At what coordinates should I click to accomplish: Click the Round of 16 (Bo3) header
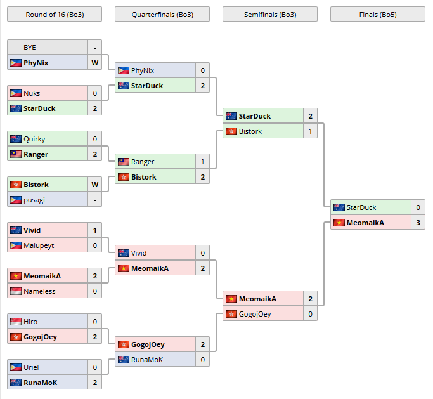click(x=54, y=14)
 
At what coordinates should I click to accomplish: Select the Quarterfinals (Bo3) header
click(x=162, y=14)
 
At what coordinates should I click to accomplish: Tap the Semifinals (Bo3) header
click(x=270, y=14)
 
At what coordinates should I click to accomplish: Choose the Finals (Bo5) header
click(x=378, y=14)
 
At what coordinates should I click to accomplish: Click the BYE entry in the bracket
click(x=30, y=48)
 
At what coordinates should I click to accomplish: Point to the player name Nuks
click(x=32, y=93)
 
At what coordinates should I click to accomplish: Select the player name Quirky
click(x=34, y=139)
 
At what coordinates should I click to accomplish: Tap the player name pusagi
click(x=35, y=200)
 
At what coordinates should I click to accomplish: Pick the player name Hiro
click(x=30, y=322)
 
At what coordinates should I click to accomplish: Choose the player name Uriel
click(x=32, y=367)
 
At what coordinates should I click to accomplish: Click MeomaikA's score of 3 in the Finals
click(x=418, y=223)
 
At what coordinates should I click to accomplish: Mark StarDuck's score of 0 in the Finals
click(x=418, y=207)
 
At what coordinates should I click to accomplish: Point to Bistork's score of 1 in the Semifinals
click(x=310, y=131)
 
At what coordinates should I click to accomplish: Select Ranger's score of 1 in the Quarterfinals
click(x=202, y=162)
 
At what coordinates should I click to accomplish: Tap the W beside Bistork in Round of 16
click(x=94, y=185)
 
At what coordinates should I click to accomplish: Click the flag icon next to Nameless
click(x=16, y=291)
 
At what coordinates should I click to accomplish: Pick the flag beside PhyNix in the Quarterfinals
click(x=124, y=70)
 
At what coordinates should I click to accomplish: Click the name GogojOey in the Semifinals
click(x=255, y=314)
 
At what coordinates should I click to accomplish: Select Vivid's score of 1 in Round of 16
click(x=94, y=230)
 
